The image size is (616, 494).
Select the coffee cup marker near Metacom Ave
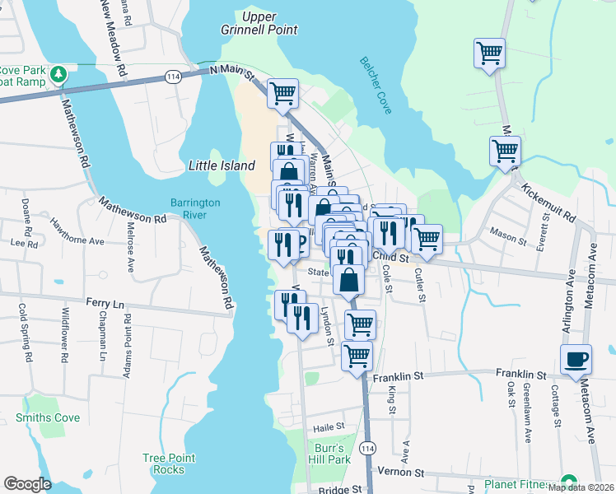click(x=576, y=358)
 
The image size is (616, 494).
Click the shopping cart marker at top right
click(x=489, y=54)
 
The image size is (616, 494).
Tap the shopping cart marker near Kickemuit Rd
click(x=504, y=151)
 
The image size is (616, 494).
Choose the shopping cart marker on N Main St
click(x=282, y=94)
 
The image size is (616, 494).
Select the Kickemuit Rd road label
click(x=548, y=202)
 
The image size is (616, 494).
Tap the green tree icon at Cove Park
click(x=58, y=75)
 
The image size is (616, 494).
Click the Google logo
click(x=27, y=484)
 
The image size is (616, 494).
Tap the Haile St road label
click(x=327, y=428)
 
